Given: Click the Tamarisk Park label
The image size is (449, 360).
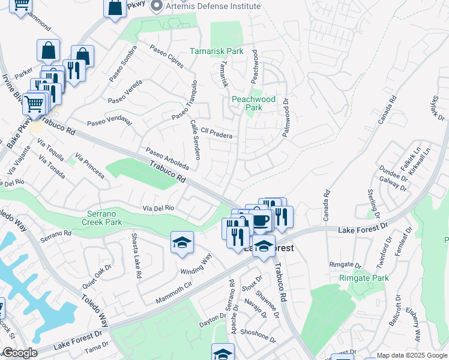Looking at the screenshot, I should [x=217, y=51].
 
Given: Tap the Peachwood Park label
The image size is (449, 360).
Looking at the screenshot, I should [x=254, y=103].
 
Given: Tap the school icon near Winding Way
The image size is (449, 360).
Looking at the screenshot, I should [x=182, y=242].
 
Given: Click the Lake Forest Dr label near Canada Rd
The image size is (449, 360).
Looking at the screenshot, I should [x=363, y=230].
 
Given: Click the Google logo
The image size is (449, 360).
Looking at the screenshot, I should [x=20, y=353].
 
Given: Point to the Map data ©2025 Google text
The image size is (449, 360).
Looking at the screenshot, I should [x=412, y=355].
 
